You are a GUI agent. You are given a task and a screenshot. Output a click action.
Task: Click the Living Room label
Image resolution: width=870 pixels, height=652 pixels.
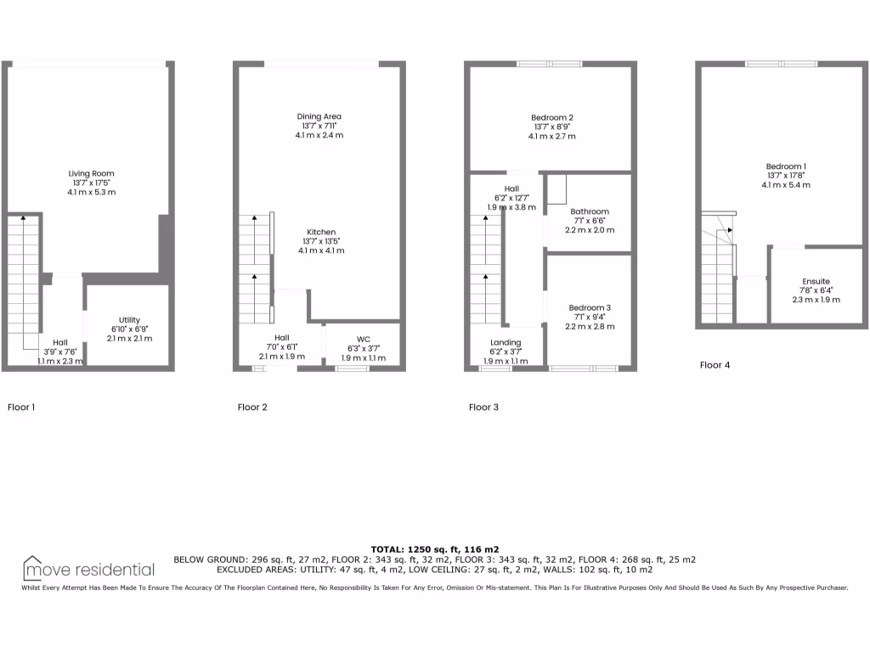point(91,174)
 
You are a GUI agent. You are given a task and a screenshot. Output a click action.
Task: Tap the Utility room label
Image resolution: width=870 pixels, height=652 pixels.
point(129,320)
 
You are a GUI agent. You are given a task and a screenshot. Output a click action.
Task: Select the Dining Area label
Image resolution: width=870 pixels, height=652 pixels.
point(319,117)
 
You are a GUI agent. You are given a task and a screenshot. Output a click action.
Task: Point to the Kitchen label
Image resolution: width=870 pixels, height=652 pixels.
point(321,232)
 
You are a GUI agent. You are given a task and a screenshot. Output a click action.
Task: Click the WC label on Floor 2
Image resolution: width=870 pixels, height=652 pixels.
point(363,339)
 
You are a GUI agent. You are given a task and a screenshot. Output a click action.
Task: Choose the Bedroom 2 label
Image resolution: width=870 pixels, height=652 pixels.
point(552,117)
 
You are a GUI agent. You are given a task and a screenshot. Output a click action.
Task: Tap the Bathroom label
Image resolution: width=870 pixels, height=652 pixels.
point(590,211)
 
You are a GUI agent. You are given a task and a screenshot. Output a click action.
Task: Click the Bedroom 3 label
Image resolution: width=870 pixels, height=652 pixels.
point(590,308)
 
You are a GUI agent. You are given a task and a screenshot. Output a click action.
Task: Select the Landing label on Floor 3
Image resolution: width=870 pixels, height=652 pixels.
point(506,342)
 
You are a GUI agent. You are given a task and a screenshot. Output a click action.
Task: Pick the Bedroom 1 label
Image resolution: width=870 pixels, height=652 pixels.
point(786,166)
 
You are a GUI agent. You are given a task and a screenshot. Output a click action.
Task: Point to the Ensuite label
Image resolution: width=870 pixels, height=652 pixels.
point(816,281)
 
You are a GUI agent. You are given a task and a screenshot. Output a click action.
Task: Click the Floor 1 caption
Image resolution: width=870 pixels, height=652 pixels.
point(21,407)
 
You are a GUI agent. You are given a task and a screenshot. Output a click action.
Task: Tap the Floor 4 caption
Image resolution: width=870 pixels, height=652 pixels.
point(715,365)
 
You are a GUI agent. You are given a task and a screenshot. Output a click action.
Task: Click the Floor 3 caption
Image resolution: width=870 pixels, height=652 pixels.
point(483,407)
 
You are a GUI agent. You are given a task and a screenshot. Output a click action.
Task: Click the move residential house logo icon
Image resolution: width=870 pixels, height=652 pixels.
point(33,567)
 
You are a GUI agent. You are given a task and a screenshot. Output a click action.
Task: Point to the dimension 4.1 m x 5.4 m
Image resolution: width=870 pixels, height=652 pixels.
point(786,185)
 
